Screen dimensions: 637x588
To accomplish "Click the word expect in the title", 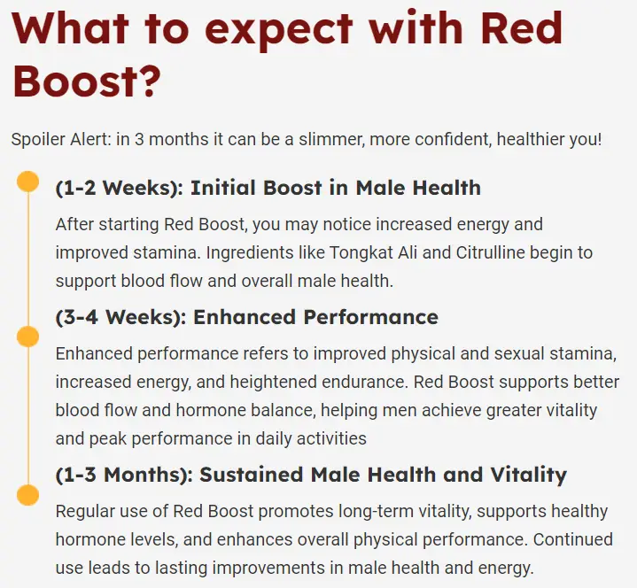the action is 278,30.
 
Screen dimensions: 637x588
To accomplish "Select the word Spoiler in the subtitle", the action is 38,139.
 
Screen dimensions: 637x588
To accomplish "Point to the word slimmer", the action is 331,139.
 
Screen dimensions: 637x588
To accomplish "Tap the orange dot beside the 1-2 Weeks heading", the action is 28,182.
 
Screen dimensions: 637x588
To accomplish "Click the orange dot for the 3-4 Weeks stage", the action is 28,337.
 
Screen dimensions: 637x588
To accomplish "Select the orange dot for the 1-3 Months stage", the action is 28,495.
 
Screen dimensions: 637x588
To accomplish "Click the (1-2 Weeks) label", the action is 120,188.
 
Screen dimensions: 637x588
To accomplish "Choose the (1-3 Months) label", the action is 124,475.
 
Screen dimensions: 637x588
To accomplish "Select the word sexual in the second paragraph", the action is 519,353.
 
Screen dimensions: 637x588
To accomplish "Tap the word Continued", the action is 573,539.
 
